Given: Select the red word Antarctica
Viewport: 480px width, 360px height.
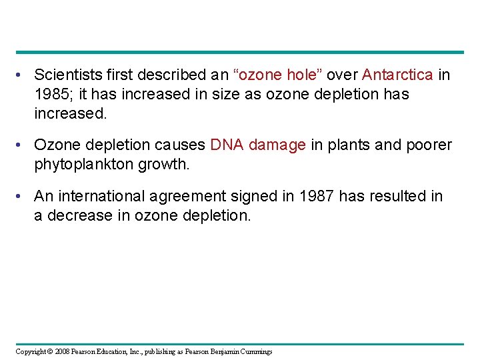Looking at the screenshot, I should [397, 75].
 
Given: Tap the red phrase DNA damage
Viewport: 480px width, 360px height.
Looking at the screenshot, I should [257, 145].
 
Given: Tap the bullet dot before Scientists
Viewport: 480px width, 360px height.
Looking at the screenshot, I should [22, 75].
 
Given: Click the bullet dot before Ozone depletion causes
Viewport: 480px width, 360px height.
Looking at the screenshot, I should [22, 145].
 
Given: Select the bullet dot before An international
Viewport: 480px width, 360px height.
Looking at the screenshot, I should [22, 196].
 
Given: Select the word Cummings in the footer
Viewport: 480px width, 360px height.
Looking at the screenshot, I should [256, 351].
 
